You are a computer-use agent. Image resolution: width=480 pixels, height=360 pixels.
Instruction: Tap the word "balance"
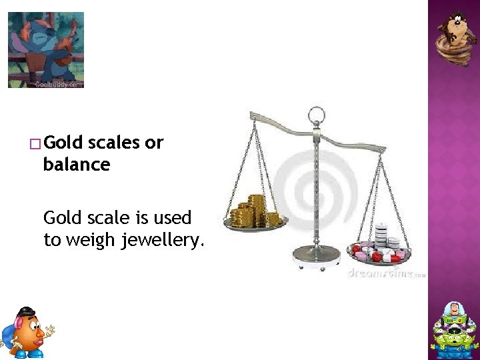[x=76, y=165]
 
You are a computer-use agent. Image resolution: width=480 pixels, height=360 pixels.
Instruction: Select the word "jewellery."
[x=162, y=240]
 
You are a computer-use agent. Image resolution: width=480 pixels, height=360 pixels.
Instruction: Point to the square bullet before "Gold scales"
[x=35, y=143]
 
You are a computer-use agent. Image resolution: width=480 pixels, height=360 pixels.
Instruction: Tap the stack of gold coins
[x=256, y=211]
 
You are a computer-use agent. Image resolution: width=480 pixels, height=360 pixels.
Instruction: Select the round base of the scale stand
[x=316, y=253]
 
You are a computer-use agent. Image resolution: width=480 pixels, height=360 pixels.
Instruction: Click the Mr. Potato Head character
[x=27, y=331]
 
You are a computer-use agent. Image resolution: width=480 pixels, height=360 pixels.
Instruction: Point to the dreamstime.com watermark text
[x=386, y=273]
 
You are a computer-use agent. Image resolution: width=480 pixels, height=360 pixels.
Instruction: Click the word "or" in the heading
[x=153, y=143]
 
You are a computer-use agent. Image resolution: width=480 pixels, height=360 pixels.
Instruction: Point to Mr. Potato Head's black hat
[x=25, y=311]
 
